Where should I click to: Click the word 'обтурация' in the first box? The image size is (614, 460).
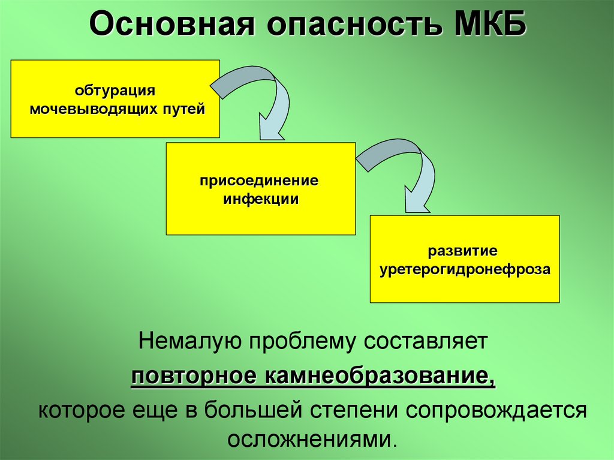(115, 92)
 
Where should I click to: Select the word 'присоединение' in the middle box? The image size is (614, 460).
(260, 181)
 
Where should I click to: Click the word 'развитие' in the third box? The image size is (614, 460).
(463, 250)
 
